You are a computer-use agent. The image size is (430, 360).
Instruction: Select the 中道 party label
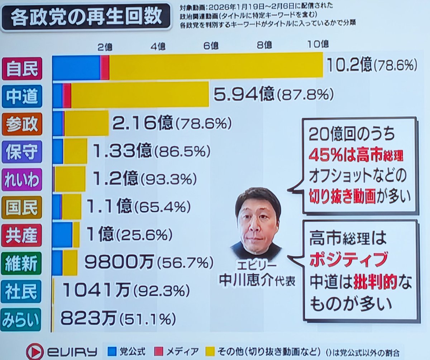22,96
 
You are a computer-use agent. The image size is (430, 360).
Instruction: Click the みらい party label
22,319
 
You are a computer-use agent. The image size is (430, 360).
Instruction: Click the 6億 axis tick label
211,46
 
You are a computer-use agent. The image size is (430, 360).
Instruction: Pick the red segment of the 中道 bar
67,94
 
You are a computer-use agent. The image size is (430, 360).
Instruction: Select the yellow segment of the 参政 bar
86,123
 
